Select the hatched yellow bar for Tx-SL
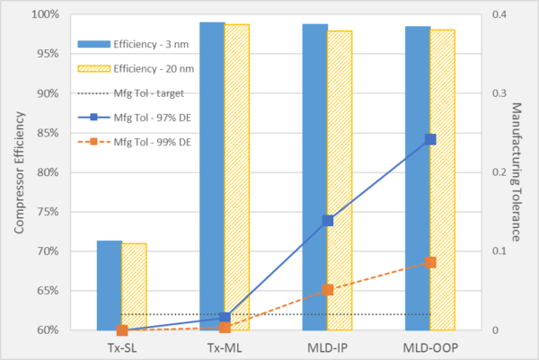[x=134, y=287]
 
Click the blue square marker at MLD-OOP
[x=430, y=139]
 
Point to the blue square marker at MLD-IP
[x=327, y=221]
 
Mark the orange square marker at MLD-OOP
[x=430, y=262]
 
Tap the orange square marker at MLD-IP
[x=327, y=290]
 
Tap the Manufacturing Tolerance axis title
[x=518, y=171]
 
